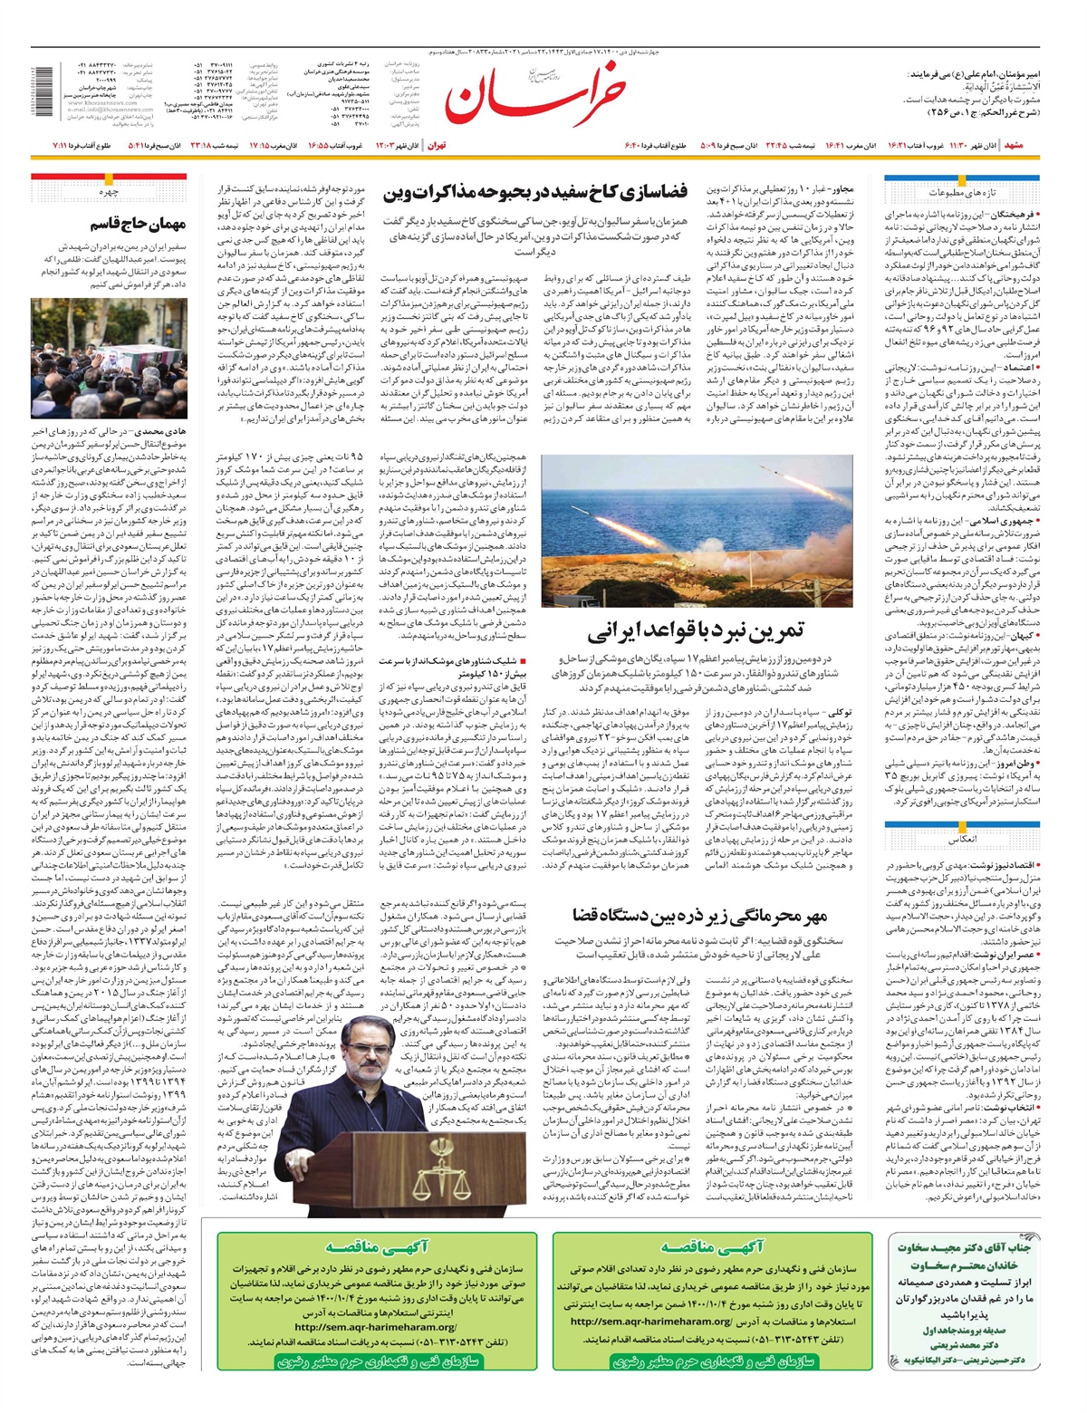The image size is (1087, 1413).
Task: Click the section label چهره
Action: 109,192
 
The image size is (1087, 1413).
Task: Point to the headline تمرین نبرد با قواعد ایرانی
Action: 695,630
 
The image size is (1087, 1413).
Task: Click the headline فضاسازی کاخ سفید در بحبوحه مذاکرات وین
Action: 536,192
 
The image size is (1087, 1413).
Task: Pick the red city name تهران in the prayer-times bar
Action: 436,146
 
